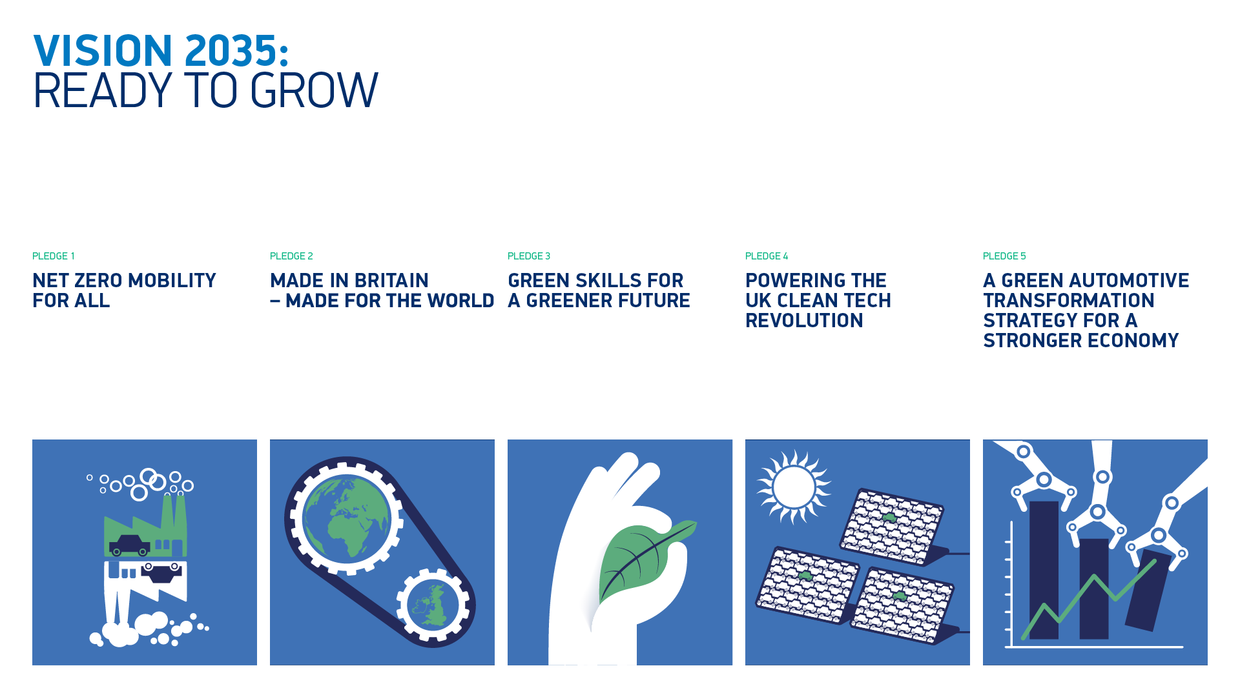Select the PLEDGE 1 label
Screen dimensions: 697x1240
click(54, 256)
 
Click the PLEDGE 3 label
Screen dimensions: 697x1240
click(529, 256)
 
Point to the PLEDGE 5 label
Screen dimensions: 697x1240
click(1004, 256)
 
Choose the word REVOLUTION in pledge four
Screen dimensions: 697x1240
click(804, 321)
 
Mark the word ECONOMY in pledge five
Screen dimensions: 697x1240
click(1127, 341)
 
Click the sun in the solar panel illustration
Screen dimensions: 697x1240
click(794, 487)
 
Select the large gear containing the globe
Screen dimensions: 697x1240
click(347, 517)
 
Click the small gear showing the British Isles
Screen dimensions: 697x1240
click(433, 605)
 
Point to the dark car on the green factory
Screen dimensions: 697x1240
click(130, 545)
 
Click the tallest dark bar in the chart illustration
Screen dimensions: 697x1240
click(1044, 568)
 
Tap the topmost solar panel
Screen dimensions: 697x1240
click(891, 524)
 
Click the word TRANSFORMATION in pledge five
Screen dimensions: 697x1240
click(1069, 301)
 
